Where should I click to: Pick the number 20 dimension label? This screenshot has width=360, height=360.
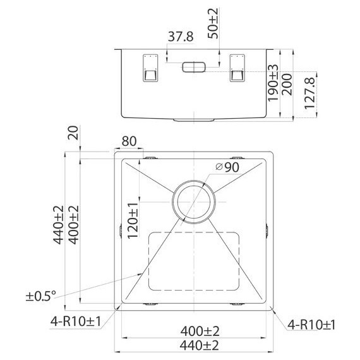[x=73, y=133]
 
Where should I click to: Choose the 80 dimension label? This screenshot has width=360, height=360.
[x=129, y=141]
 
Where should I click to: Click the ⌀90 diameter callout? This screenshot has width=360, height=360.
[x=226, y=167]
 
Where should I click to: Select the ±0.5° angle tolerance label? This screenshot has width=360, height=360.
[x=41, y=295]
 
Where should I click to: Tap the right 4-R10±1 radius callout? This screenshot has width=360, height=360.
[x=311, y=325]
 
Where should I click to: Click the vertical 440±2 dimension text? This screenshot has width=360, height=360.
[x=59, y=224]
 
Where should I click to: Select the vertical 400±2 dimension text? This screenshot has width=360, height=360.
[x=73, y=224]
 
